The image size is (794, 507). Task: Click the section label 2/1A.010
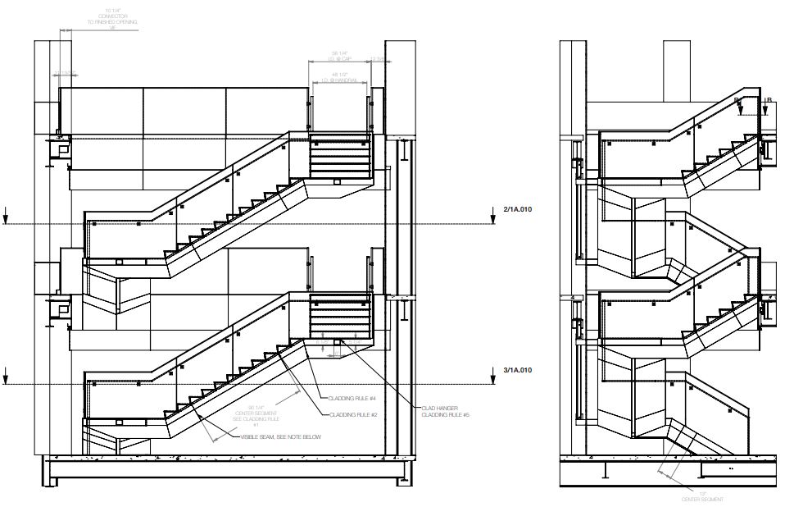tap(518, 211)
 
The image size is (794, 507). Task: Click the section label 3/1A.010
tap(518, 371)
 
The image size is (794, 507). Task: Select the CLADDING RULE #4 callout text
tap(352, 399)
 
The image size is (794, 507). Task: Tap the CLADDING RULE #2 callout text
tap(352, 414)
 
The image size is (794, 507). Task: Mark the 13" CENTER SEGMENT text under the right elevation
tap(702, 496)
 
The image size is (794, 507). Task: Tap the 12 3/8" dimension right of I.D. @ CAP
tap(378, 59)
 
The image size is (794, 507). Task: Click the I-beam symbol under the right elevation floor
tap(604, 471)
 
